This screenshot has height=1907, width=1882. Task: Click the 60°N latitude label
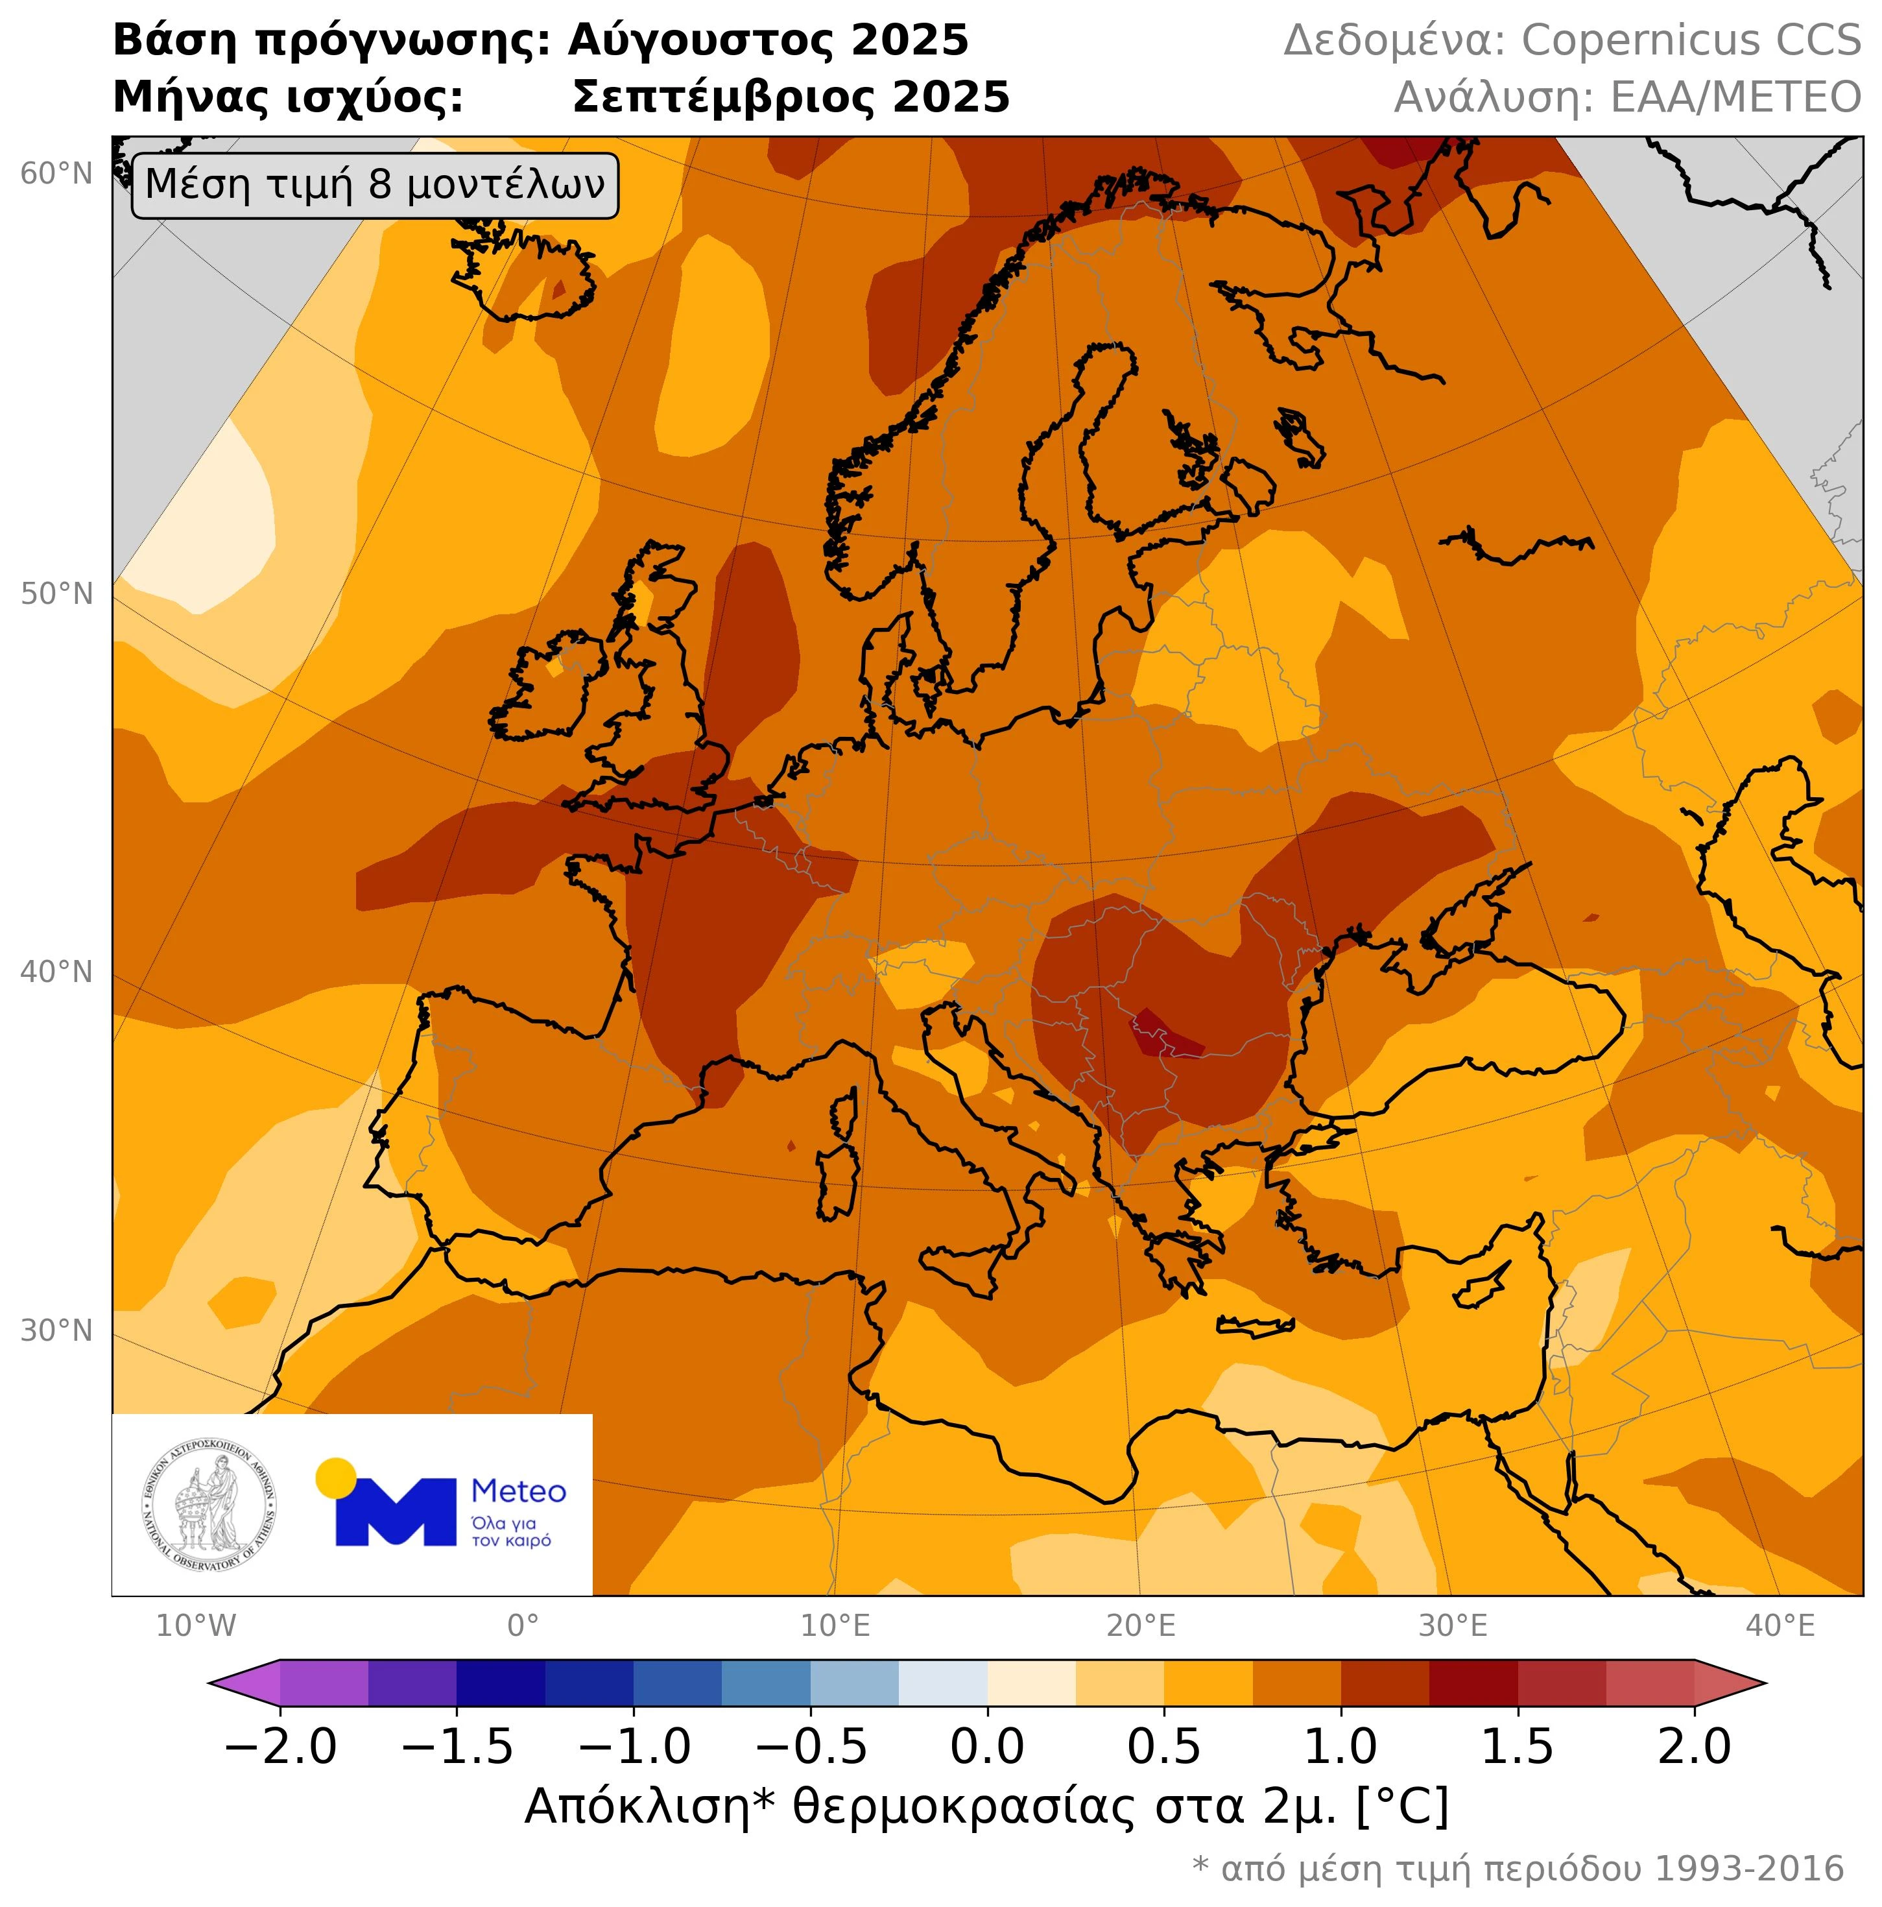click(x=56, y=174)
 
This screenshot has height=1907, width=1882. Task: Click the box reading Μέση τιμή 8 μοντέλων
click(x=374, y=186)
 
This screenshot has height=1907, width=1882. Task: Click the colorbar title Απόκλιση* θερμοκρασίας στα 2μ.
click(x=986, y=1807)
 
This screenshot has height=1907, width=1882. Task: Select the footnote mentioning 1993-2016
click(x=1517, y=1869)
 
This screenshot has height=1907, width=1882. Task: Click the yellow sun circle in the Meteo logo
click(x=335, y=1477)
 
